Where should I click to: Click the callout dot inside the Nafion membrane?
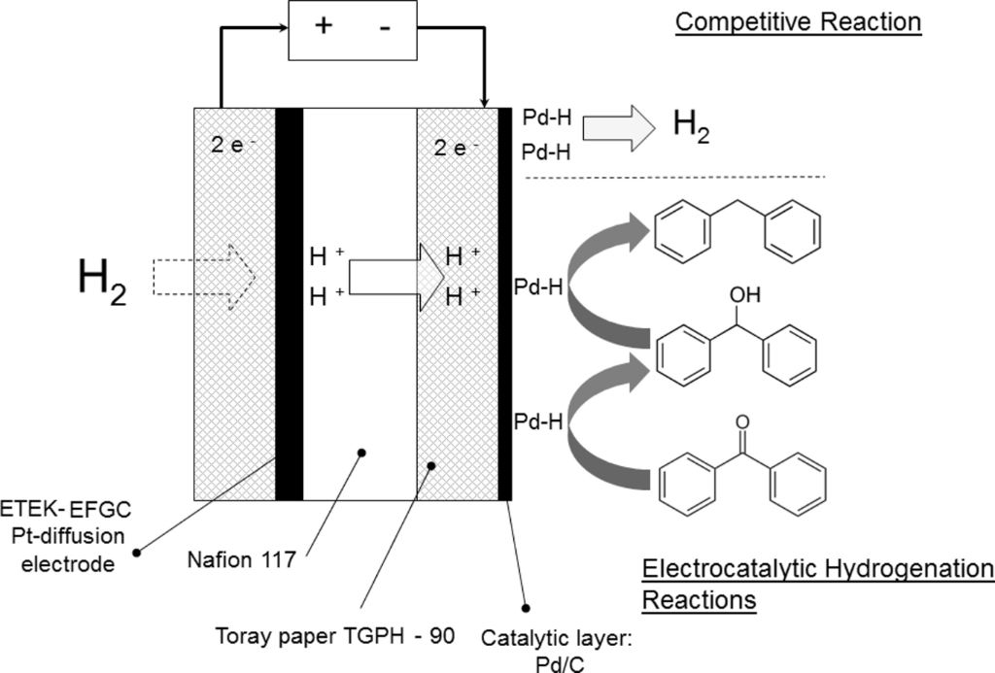click(362, 452)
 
